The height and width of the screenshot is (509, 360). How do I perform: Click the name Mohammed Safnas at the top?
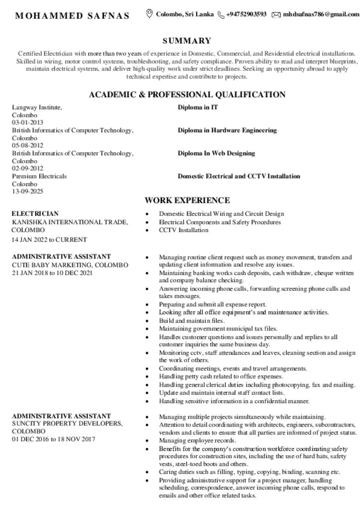[x=72, y=15]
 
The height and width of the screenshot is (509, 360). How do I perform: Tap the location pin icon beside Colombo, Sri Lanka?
[x=149, y=14]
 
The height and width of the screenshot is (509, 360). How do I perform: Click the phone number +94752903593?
[x=246, y=14]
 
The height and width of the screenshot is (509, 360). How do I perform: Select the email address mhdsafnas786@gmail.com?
[x=320, y=14]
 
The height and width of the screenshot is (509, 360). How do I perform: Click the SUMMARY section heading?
[x=186, y=41]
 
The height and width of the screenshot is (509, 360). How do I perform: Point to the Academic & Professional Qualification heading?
[x=186, y=94]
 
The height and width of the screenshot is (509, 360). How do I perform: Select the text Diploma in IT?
[x=198, y=107]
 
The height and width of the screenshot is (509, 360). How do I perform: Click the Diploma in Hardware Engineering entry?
[x=227, y=130]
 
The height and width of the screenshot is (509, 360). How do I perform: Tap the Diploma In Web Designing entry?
[x=216, y=153]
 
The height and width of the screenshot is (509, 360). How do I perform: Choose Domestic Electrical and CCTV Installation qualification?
[x=239, y=176]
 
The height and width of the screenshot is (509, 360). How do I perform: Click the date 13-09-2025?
[x=28, y=191]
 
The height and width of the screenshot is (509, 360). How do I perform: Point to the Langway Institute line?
[x=37, y=107]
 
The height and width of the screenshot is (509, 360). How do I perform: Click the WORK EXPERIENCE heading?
[x=187, y=200]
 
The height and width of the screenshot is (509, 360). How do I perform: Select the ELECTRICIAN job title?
[x=35, y=214]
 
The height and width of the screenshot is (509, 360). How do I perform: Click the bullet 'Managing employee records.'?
[x=197, y=440]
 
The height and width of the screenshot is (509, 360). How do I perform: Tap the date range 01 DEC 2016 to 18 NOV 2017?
[x=53, y=439]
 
